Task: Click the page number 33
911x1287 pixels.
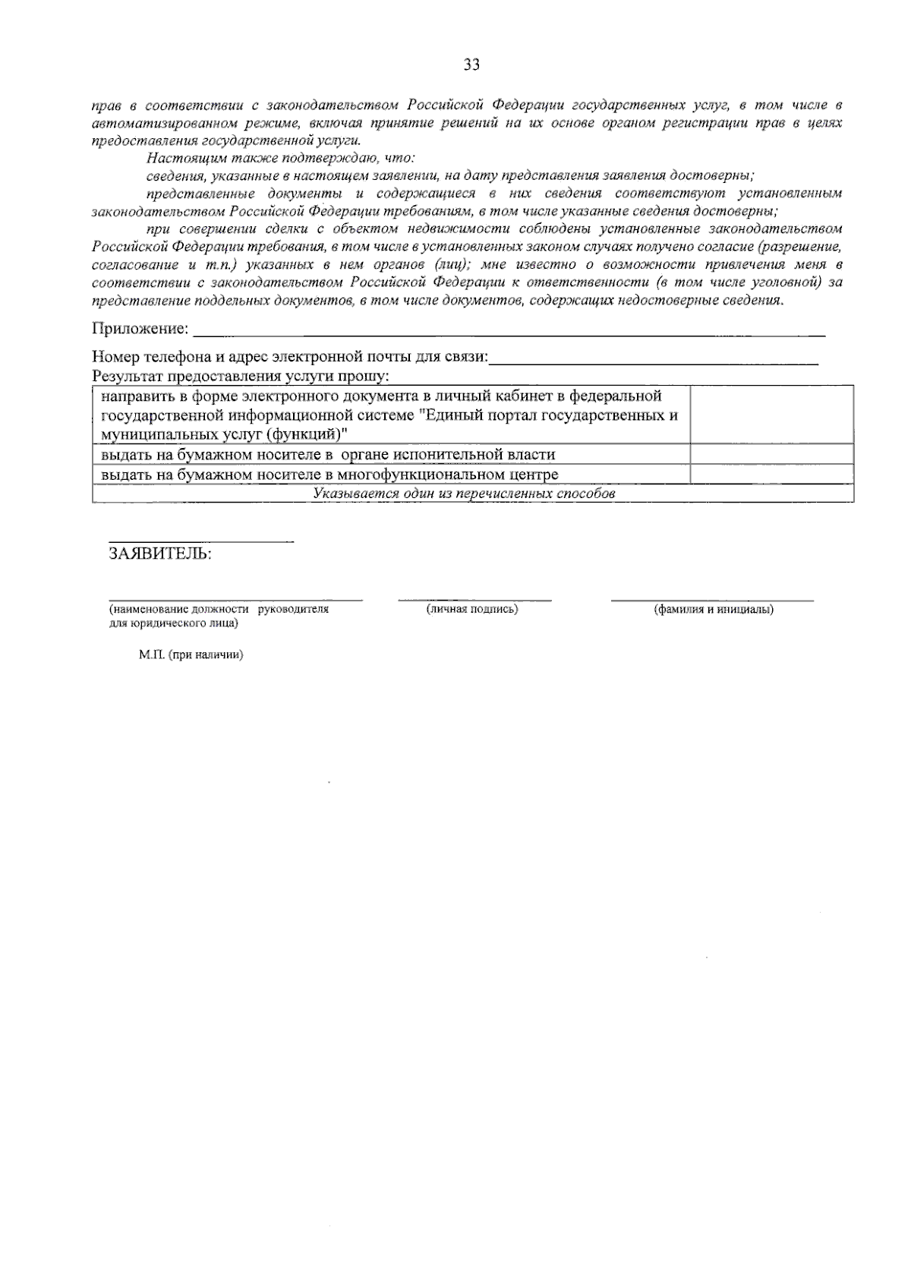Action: point(471,65)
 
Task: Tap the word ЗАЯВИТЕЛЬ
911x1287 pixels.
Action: point(160,554)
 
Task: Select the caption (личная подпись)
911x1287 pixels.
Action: point(472,610)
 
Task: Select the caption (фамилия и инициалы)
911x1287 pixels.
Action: point(714,610)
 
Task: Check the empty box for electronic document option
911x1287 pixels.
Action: point(771,415)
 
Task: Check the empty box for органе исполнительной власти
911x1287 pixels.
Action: point(771,454)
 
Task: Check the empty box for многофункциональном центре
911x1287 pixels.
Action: point(771,474)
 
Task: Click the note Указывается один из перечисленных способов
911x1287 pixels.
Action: point(464,494)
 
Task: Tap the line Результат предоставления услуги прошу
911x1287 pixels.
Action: point(241,376)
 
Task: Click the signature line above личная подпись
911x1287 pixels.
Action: point(474,601)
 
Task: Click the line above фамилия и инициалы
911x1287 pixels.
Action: point(712,601)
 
